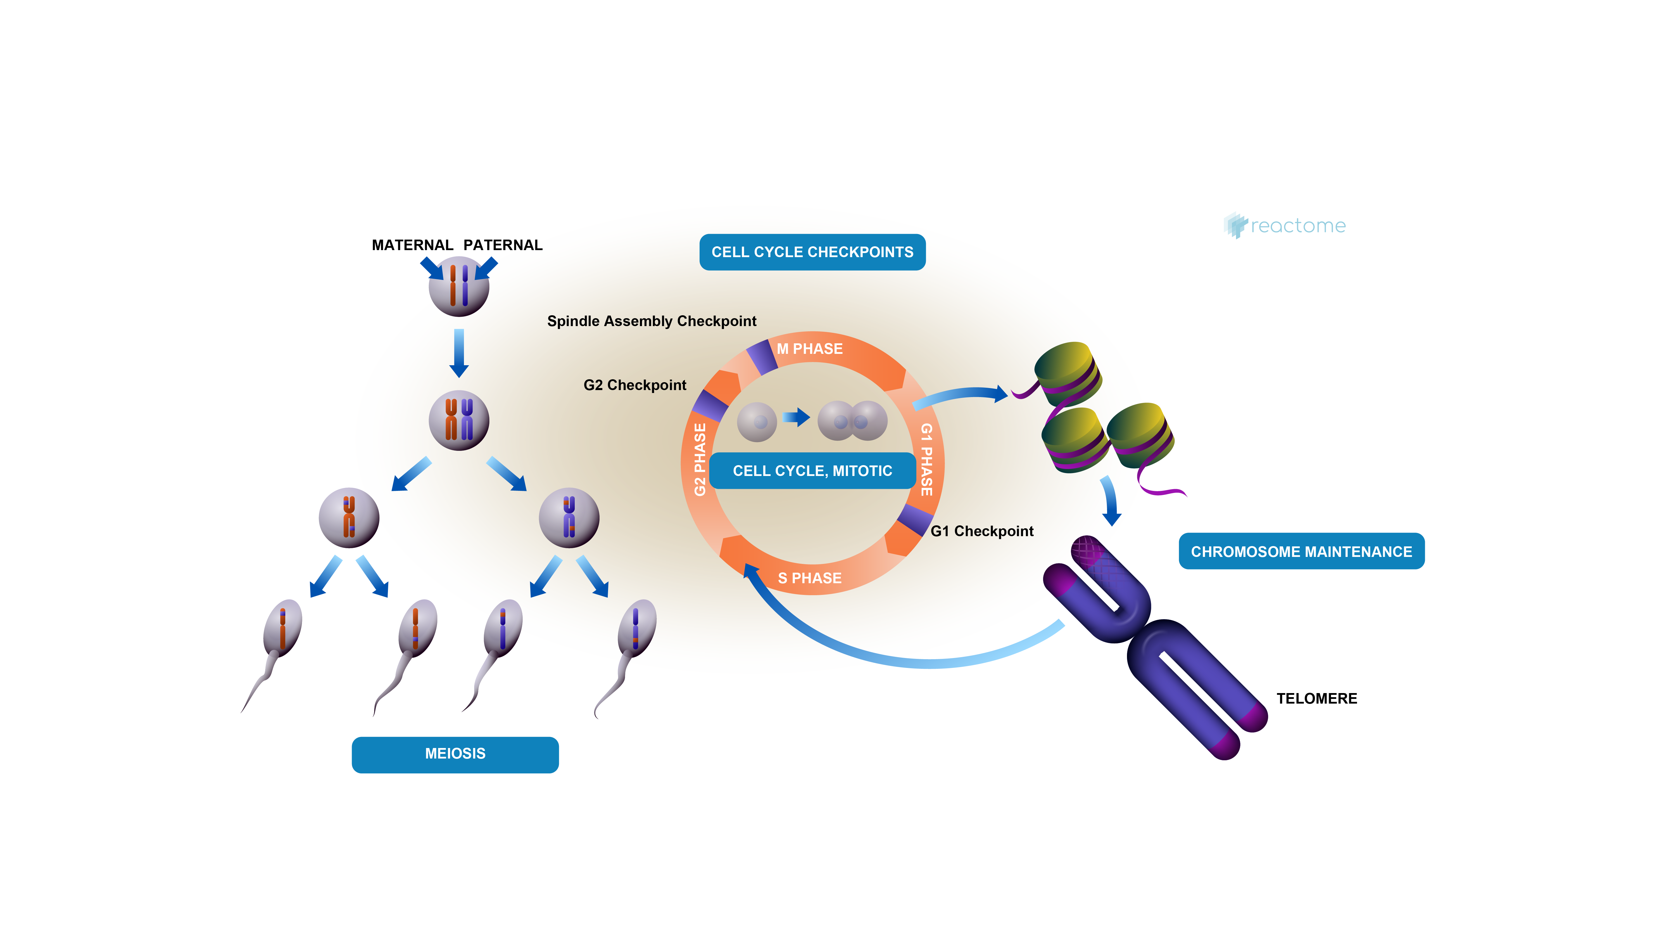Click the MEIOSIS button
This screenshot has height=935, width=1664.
(455, 754)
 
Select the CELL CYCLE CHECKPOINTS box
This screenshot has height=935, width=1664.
(812, 252)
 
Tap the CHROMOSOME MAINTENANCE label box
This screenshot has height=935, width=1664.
(1301, 551)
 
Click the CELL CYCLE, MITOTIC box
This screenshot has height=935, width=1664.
(812, 471)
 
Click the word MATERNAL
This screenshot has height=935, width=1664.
(412, 245)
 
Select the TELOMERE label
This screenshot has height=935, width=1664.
(1316, 699)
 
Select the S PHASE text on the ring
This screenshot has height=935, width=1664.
(809, 578)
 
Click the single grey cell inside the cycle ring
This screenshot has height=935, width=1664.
(757, 422)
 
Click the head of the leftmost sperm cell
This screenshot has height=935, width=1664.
(283, 626)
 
